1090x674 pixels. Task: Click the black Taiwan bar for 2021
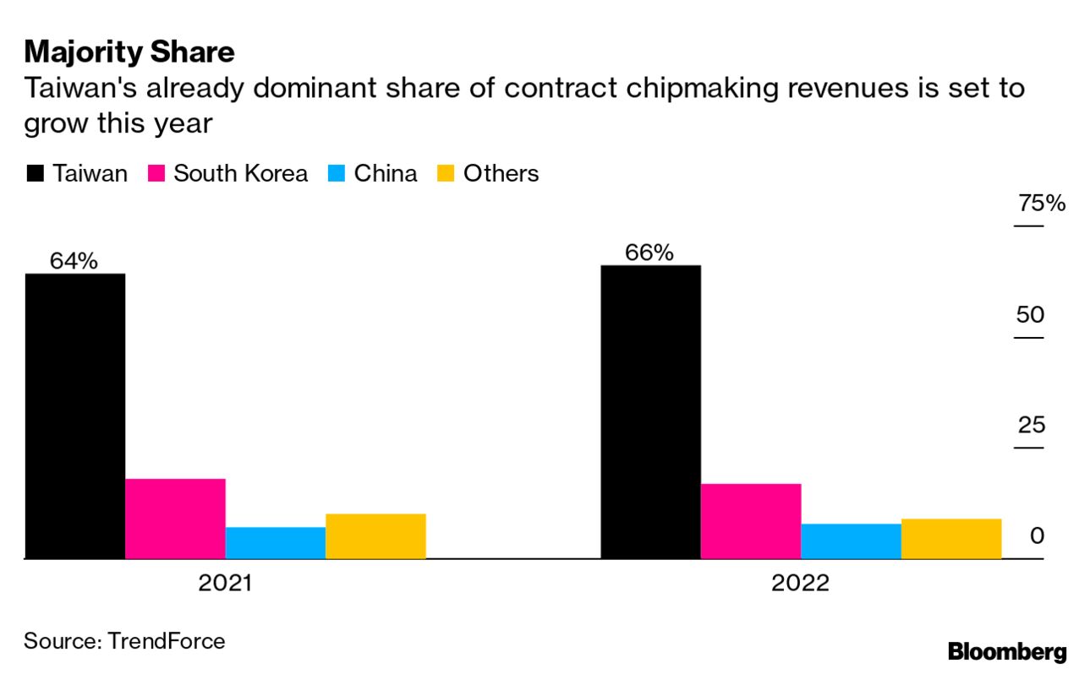pyautogui.click(x=75, y=416)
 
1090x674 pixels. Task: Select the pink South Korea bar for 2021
pyautogui.click(x=175, y=519)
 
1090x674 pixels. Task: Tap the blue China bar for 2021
pyautogui.click(x=275, y=543)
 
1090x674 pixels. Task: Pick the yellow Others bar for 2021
pyautogui.click(x=375, y=536)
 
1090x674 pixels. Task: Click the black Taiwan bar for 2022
pyautogui.click(x=650, y=411)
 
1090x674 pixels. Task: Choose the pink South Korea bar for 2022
pyautogui.click(x=750, y=521)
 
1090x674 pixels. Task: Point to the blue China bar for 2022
pyautogui.click(x=851, y=541)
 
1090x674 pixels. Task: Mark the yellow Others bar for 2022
pyautogui.click(x=951, y=539)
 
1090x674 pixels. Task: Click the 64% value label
pyautogui.click(x=74, y=261)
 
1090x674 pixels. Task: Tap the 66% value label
pyautogui.click(x=649, y=253)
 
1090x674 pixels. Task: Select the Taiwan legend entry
pyautogui.click(x=78, y=174)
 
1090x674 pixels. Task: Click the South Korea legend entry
pyautogui.click(x=228, y=174)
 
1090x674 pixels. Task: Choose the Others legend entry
pyautogui.click(x=488, y=174)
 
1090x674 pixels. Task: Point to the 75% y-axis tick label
pyautogui.click(x=1041, y=204)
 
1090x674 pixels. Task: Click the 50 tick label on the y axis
pyautogui.click(x=1031, y=315)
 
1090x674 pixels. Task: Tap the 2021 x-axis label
pyautogui.click(x=225, y=584)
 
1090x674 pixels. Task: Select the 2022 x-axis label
pyautogui.click(x=800, y=584)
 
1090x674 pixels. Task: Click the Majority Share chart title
pyautogui.click(x=129, y=52)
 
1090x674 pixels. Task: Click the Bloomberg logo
pyautogui.click(x=1007, y=652)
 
